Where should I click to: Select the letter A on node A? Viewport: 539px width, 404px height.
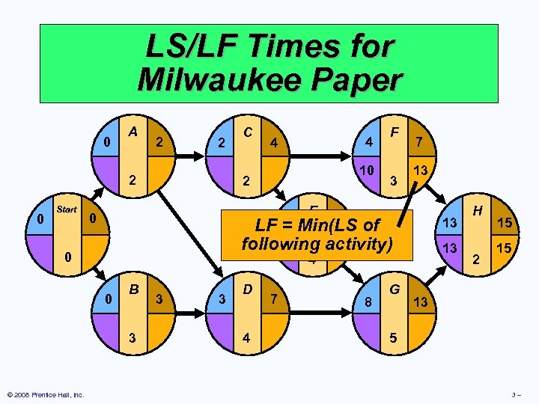133,131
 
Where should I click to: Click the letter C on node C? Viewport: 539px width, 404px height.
246,131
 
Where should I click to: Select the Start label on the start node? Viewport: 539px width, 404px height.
67,209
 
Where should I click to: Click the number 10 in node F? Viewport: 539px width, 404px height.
366,171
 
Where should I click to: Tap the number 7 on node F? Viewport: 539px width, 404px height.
421,141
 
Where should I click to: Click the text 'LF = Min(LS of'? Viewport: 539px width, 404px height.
317,224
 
